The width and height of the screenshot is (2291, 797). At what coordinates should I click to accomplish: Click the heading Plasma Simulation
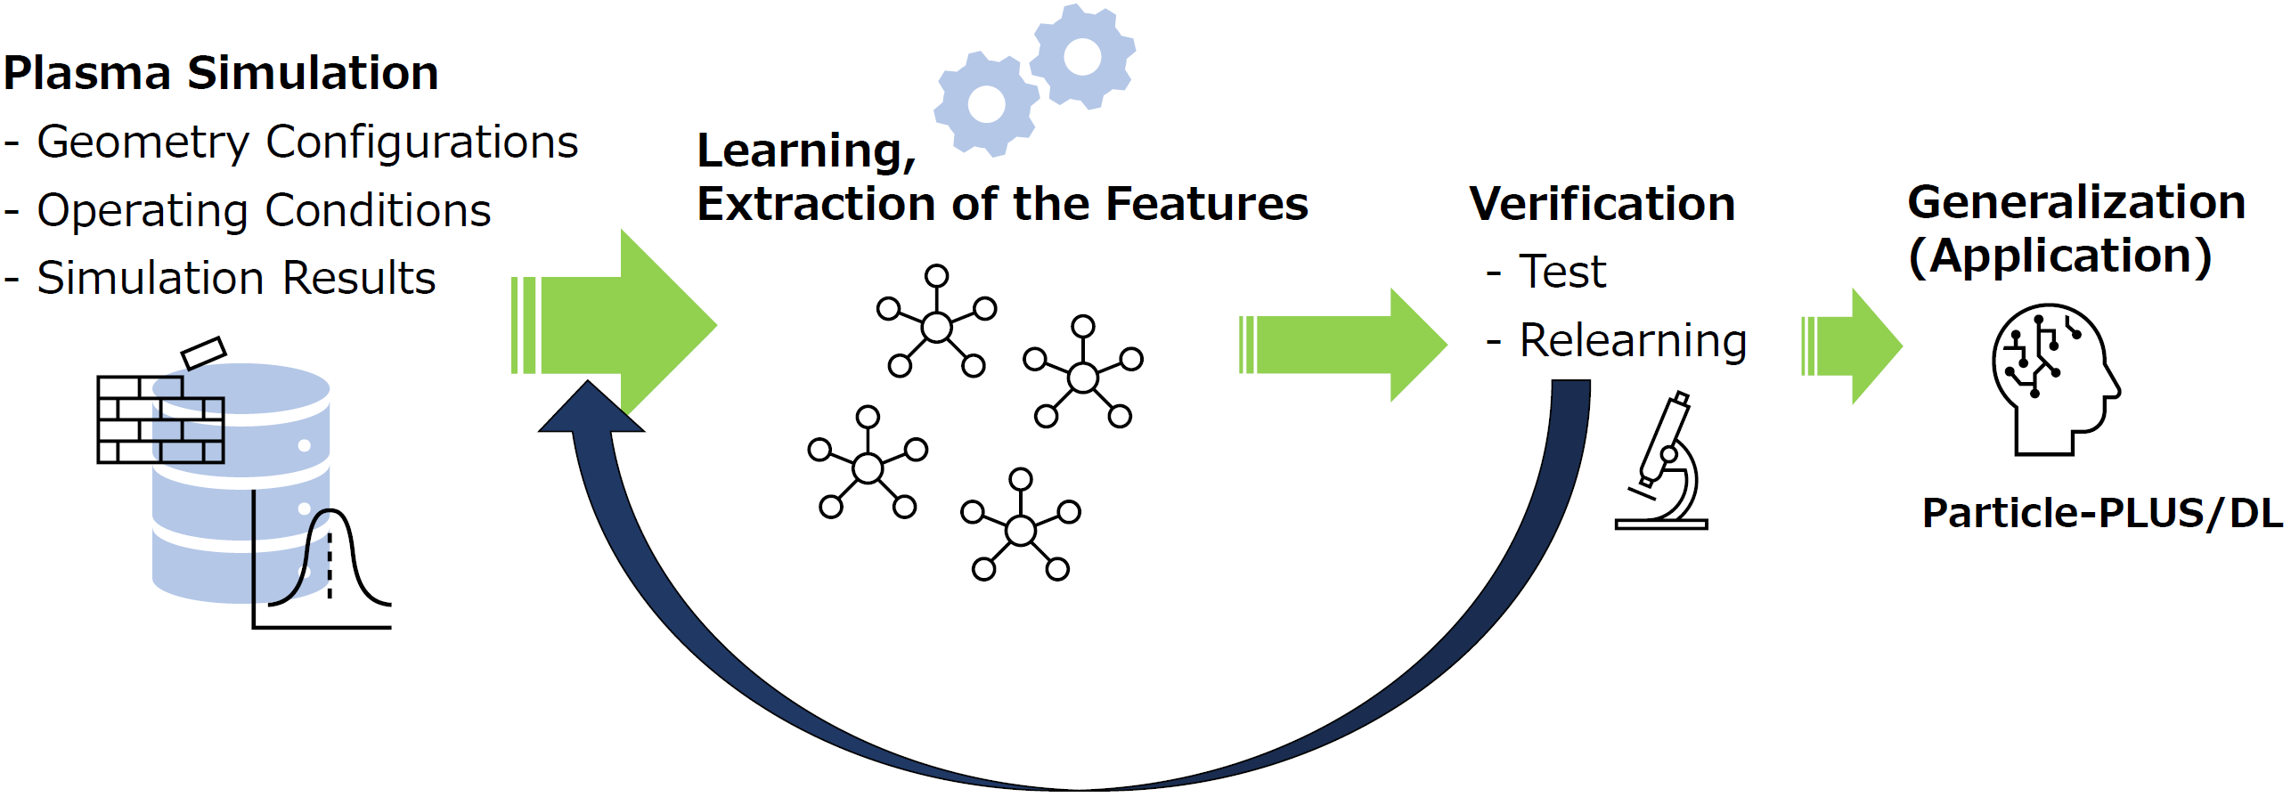[x=221, y=73]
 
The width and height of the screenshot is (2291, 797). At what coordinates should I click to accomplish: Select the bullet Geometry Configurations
[x=291, y=142]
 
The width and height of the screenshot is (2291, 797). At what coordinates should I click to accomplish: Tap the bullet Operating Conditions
[x=248, y=211]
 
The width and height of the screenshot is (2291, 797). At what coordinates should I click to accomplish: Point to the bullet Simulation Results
[x=220, y=278]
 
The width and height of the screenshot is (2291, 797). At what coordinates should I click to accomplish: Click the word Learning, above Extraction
[x=807, y=151]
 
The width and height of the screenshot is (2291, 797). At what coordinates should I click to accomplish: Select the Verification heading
[x=1602, y=204]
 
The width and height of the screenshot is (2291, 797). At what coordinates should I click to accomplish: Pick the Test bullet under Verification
[x=1546, y=272]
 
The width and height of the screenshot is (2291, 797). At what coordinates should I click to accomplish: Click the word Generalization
[x=2076, y=202]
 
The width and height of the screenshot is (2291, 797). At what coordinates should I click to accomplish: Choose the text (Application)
[x=2059, y=256]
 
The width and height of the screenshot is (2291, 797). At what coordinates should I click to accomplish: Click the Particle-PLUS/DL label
[x=2102, y=513]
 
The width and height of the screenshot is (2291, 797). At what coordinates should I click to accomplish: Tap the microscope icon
[x=1662, y=460]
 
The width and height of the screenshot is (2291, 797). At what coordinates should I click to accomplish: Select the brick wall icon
[x=160, y=419]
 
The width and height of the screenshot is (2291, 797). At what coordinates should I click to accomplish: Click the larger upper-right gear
[x=1082, y=56]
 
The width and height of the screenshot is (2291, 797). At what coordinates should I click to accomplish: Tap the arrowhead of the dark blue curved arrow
[x=590, y=408]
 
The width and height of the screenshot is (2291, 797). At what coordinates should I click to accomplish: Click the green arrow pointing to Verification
[x=1342, y=345]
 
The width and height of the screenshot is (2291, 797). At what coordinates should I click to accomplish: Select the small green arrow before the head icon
[x=1852, y=346]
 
